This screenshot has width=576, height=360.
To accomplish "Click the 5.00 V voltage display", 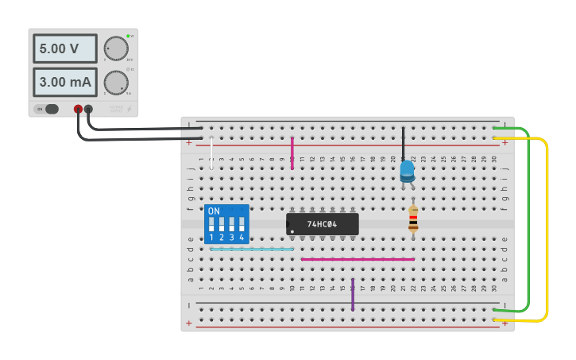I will [64, 48].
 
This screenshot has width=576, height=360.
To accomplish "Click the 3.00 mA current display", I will [64, 81].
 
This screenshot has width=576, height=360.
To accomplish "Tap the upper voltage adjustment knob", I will [116, 48].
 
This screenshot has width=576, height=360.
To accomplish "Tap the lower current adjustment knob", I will [116, 82].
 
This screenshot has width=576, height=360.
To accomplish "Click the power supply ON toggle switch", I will [50, 109].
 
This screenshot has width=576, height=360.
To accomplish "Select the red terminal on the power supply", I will [78, 109].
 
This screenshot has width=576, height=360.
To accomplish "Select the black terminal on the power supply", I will [88, 109].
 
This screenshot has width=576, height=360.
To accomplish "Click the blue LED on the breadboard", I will [407, 170].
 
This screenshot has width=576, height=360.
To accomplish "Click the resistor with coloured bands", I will [413, 219].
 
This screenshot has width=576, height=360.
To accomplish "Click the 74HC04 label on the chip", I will [322, 224].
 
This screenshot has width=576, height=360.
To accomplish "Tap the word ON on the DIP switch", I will [213, 211].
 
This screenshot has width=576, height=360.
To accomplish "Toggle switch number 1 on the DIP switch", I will [212, 224].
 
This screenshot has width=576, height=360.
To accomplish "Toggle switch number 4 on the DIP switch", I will [242, 224].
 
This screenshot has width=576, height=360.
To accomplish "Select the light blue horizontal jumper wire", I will [251, 249].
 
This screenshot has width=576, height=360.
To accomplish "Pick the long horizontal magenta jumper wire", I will [358, 259].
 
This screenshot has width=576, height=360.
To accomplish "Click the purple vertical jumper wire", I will [353, 294].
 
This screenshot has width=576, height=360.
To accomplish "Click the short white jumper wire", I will [212, 153].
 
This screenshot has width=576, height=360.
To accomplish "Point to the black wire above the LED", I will [403, 143].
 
